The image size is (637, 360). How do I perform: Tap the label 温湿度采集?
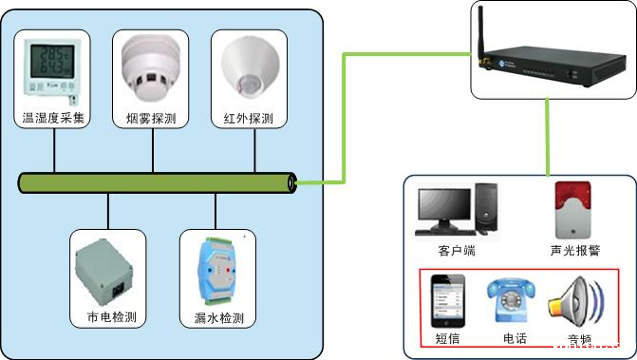click(54, 119)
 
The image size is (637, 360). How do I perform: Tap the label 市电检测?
click(109, 317)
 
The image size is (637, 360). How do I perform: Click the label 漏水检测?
click(217, 317)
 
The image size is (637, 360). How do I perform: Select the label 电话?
click(515, 339)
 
